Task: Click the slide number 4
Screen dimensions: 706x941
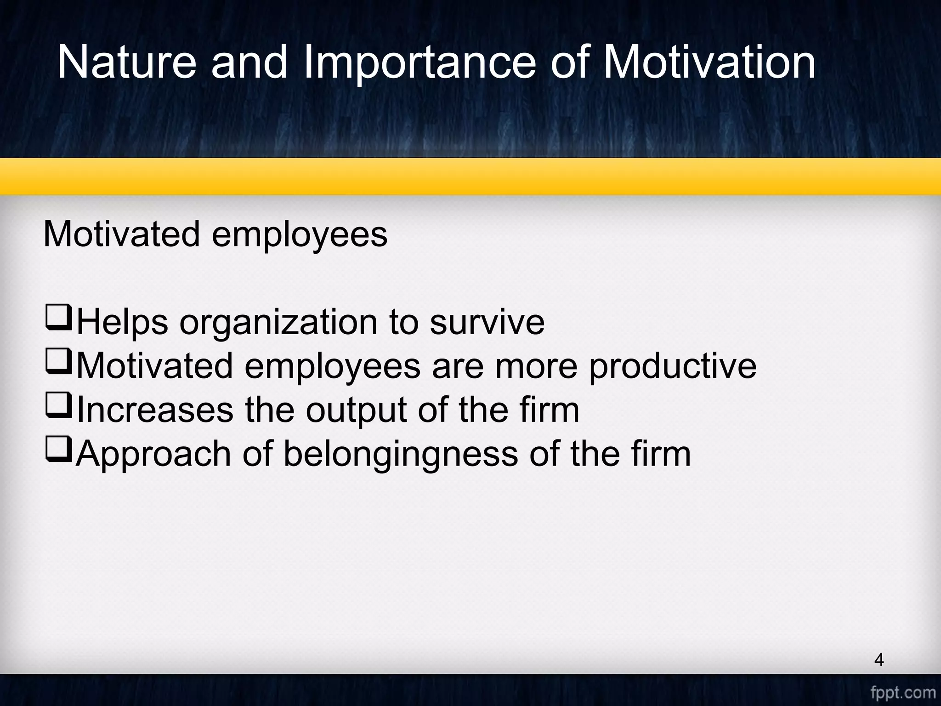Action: click(879, 660)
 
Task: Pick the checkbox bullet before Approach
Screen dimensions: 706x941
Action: click(58, 449)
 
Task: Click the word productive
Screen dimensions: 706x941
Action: click(672, 366)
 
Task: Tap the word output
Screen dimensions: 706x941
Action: click(356, 410)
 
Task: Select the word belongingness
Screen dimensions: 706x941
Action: click(400, 454)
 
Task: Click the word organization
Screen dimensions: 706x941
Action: click(278, 323)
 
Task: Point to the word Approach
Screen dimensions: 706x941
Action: click(153, 454)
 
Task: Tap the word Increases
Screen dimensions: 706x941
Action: click(155, 410)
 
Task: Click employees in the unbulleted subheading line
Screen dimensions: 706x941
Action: click(299, 234)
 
